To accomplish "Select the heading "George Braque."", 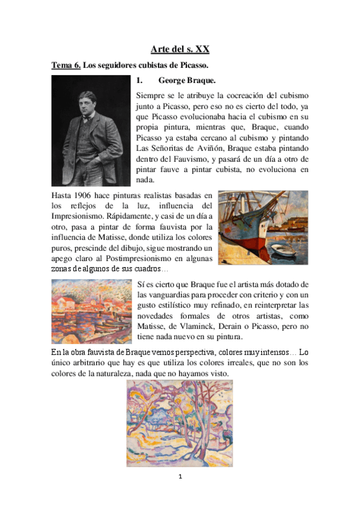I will tap(186, 80).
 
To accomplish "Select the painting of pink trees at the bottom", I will tap(180, 423).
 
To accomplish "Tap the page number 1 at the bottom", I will tap(180, 477).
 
